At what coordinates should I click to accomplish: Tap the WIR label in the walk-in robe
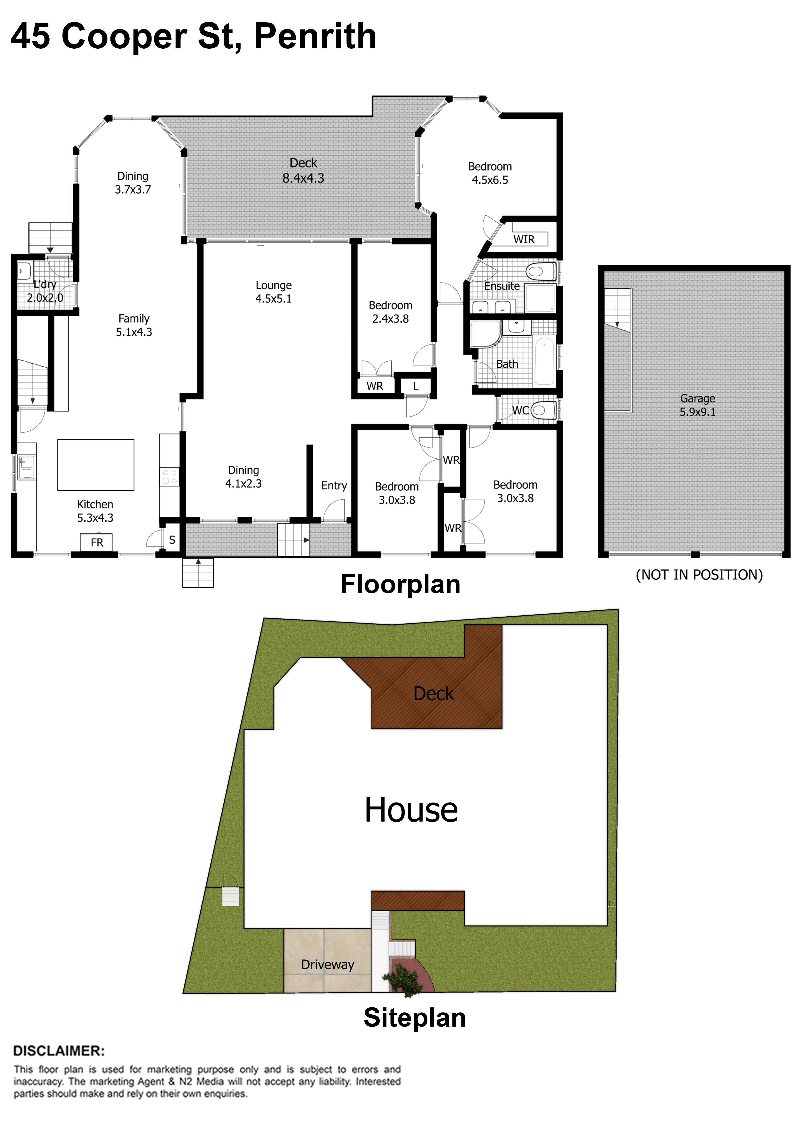coord(524,239)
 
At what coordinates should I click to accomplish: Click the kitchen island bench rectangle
coord(96,465)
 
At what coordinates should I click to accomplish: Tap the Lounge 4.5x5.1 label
coord(274,292)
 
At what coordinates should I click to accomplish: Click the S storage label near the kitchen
coord(172,540)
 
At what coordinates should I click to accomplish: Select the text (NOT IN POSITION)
coord(699,575)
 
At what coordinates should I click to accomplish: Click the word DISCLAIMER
coord(59,1051)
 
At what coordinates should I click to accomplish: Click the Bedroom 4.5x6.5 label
coord(490,173)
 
